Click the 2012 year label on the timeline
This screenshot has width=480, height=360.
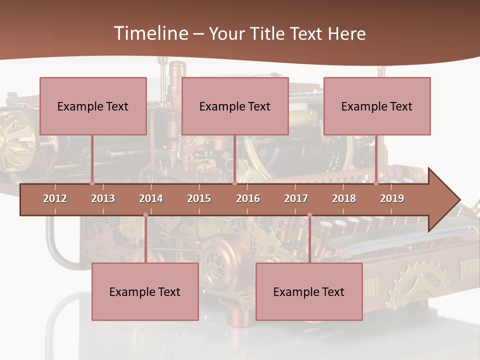55,198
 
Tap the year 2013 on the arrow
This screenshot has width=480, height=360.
103,198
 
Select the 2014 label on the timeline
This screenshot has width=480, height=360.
151,198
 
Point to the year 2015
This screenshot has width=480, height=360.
199,198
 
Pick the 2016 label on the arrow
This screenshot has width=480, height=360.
248,198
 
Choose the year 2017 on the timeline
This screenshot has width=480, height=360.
296,198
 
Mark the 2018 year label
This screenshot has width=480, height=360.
344,198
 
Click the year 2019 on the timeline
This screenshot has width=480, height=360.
392,198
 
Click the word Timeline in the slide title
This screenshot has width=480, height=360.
150,33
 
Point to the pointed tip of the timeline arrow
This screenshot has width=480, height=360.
458,200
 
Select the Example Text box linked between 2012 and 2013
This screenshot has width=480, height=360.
93,106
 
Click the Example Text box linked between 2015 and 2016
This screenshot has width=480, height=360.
235,106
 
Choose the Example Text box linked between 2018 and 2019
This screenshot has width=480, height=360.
377,106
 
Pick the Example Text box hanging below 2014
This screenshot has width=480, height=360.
145,291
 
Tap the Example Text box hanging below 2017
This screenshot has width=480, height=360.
309,291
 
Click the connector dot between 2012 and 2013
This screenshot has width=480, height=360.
92,183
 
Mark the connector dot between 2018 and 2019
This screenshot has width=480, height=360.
376,183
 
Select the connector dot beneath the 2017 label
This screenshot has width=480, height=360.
309,215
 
